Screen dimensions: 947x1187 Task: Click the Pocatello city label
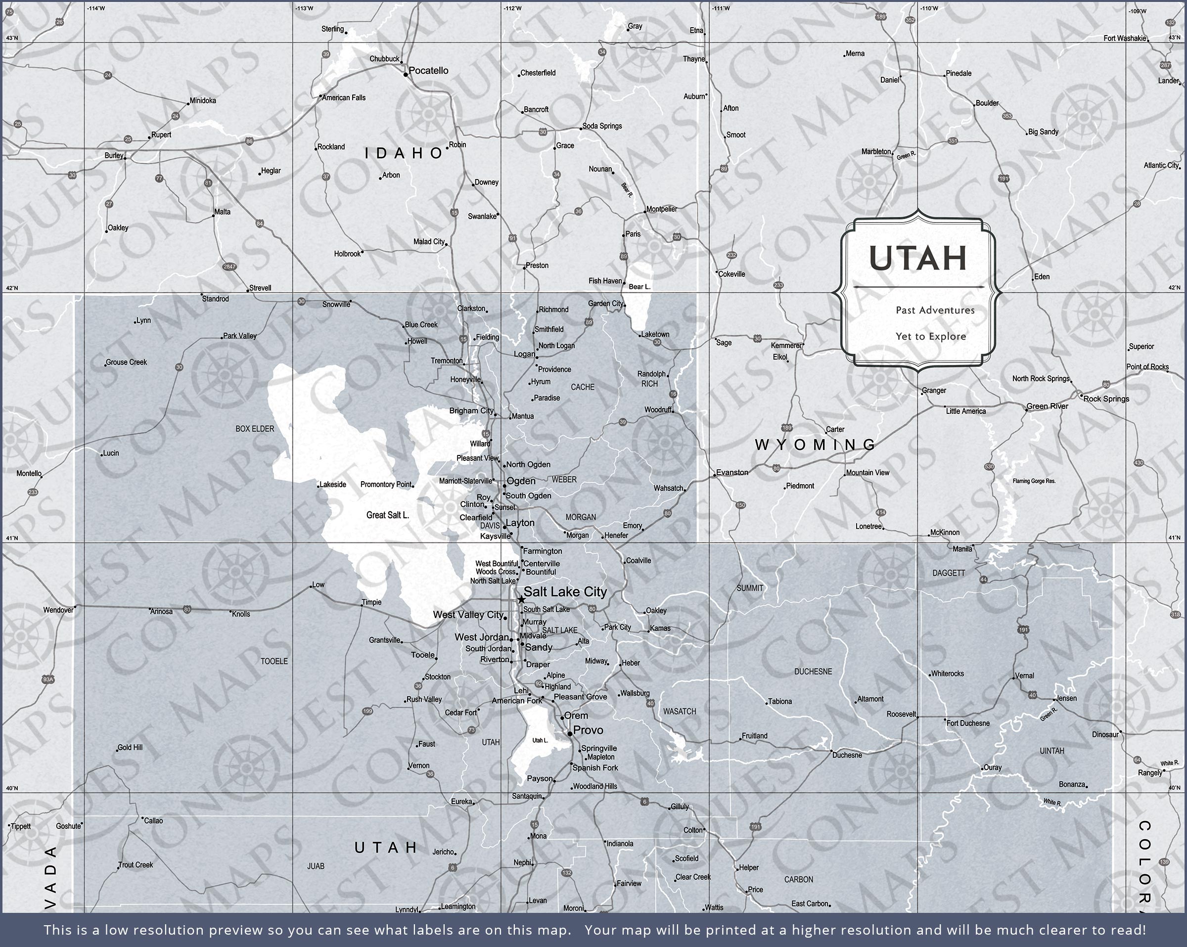428,71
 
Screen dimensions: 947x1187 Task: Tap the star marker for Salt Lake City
521,599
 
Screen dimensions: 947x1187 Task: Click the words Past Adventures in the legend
935,310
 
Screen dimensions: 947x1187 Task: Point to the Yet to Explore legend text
930,336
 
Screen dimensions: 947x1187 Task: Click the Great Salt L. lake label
388,515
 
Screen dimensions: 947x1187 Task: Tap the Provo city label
588,730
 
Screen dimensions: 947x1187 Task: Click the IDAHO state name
404,153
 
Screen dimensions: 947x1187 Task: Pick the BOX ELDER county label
254,428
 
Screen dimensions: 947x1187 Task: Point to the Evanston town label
732,472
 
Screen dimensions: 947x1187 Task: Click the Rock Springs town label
1106,399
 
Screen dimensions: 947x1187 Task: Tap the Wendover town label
58,610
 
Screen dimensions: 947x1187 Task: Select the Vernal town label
1024,676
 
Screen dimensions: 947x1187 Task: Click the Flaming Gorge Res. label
1034,481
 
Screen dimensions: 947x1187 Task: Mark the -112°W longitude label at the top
512,8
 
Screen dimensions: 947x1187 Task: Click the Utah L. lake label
540,740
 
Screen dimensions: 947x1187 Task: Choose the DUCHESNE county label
813,672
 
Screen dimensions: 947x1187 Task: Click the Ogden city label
521,481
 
